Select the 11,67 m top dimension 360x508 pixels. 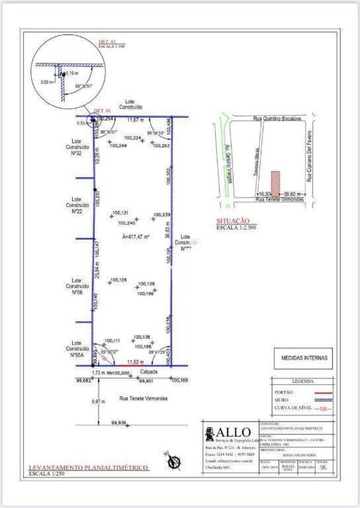(135, 120)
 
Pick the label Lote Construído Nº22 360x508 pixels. (77, 205)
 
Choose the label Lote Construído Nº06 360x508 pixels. (77, 286)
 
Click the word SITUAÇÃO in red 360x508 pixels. (233, 221)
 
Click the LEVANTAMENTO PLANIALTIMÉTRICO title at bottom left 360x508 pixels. (88, 467)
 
